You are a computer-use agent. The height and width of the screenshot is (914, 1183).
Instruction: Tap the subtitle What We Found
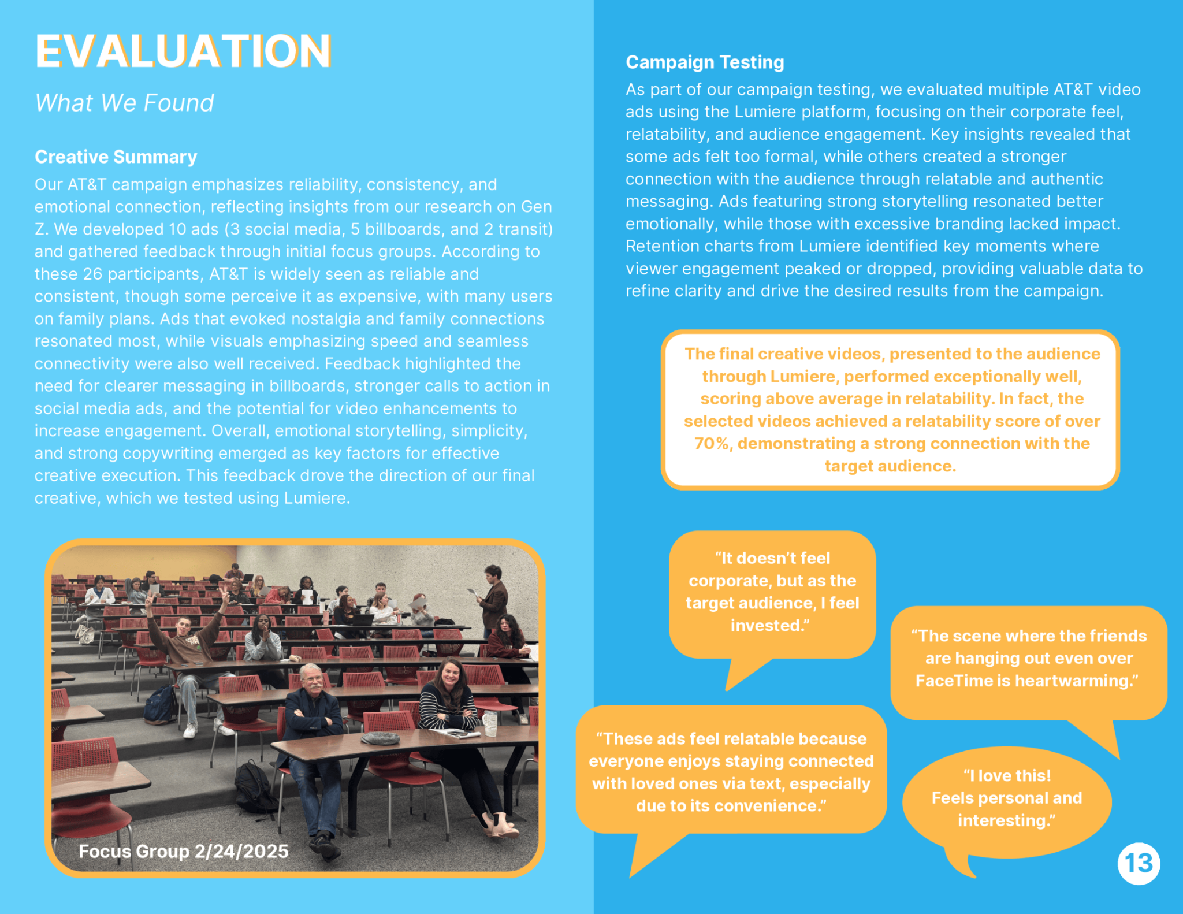[x=124, y=103]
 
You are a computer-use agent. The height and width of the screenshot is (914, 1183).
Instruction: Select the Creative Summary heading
[x=116, y=157]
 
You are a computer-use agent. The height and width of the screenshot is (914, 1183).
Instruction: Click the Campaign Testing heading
[x=705, y=62]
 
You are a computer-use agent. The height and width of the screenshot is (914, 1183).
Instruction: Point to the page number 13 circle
[x=1139, y=863]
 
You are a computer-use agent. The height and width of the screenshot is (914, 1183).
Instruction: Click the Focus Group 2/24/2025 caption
[x=183, y=851]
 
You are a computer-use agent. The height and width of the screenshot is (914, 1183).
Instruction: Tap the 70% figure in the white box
[x=712, y=444]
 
